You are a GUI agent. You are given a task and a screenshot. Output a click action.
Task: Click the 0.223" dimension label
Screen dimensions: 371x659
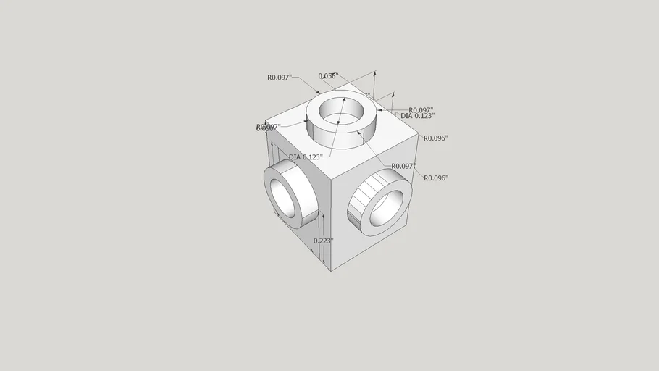pos(323,241)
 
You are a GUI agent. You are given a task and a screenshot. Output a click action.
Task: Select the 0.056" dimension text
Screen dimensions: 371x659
pos(328,75)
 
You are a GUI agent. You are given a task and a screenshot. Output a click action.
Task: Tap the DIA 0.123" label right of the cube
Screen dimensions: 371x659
pos(417,116)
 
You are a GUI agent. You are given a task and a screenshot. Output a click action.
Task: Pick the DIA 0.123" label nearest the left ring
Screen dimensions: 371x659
pos(305,157)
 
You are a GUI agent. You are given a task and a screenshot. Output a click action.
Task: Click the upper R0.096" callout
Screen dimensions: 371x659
pos(435,138)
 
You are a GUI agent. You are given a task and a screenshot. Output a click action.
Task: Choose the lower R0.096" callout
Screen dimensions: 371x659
pos(435,178)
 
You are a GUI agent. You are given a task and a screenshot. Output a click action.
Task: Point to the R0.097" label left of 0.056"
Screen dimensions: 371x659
pos(279,77)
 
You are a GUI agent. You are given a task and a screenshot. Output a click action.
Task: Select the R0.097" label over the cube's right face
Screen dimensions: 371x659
pos(403,166)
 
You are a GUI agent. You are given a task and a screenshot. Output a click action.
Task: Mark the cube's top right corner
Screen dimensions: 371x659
pos(419,136)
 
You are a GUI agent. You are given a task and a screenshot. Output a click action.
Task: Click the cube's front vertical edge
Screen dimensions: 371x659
pos(331,217)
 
